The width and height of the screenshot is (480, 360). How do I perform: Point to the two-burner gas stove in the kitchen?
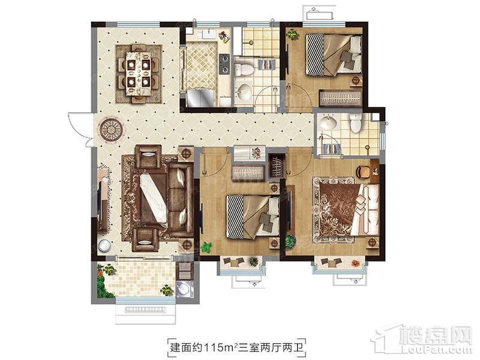(x=224, y=64)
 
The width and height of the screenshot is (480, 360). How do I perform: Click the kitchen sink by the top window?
(x=209, y=34)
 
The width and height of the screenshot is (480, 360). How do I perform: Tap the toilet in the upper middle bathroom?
(x=244, y=69)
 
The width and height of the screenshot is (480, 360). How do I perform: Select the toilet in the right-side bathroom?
(x=356, y=122)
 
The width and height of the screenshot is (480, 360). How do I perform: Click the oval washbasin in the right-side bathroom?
(x=328, y=122)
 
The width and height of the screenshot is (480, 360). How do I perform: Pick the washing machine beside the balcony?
(x=185, y=289)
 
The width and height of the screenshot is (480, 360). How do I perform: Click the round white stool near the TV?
(x=104, y=245)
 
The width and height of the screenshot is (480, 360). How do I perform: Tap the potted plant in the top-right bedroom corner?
(x=292, y=34)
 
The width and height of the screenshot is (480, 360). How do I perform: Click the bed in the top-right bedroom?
(x=334, y=55)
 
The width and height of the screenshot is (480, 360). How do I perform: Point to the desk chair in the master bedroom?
(x=364, y=171)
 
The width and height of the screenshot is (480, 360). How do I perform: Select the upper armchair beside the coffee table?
(x=148, y=156)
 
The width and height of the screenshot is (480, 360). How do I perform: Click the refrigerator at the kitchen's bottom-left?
(x=200, y=97)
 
